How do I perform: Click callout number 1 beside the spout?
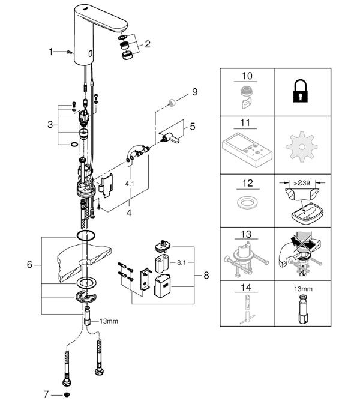[51, 52]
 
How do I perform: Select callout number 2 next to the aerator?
[148, 43]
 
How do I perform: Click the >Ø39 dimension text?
[304, 180]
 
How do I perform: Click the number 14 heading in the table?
[246, 287]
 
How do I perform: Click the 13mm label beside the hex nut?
[109, 321]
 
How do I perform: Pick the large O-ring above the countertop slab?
[86, 235]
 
